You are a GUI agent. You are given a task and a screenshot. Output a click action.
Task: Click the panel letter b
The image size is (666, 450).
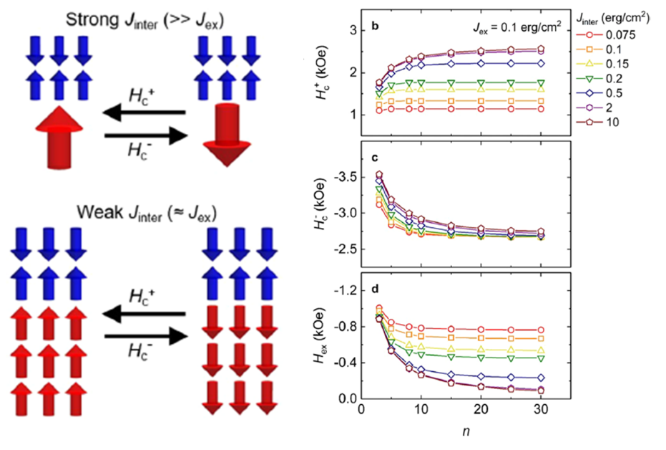tap(373, 27)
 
